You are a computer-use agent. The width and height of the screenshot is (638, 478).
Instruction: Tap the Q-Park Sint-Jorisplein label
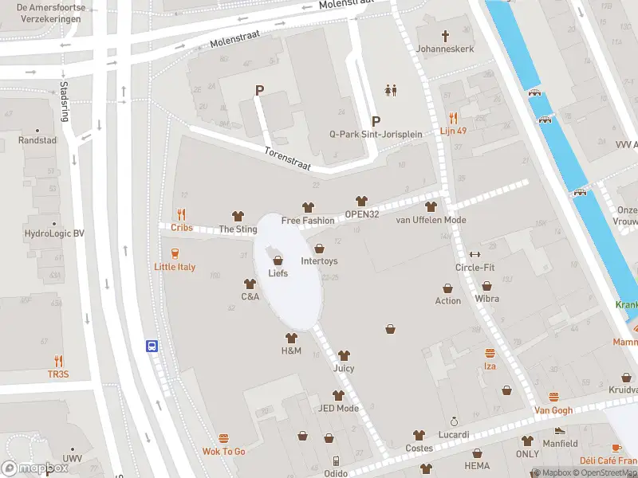pos(376,134)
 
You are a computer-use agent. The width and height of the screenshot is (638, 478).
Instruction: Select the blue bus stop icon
pos(152,347)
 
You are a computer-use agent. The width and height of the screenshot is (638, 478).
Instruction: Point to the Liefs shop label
pos(278,273)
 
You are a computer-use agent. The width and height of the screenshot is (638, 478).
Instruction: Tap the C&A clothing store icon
pos(250,284)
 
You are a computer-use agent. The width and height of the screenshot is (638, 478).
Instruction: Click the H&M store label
pos(291,351)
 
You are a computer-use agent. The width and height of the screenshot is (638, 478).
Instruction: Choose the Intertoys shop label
pos(319,261)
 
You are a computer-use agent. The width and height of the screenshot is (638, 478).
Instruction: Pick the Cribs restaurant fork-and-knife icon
pos(182,214)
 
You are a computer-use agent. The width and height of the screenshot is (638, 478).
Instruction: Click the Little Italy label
pos(175,267)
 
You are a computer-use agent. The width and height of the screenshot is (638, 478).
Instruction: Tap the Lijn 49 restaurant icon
pos(453,117)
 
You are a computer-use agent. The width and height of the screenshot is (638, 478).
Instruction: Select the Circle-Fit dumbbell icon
pos(475,254)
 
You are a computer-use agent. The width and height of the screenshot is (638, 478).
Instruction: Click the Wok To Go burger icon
pos(223,438)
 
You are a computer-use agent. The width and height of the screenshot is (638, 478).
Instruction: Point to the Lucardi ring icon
pos(454,421)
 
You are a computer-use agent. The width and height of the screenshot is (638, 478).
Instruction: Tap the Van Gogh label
pos(553,410)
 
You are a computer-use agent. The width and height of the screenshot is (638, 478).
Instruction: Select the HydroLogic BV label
pos(54,235)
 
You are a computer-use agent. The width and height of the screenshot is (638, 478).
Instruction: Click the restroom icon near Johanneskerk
pos(391,90)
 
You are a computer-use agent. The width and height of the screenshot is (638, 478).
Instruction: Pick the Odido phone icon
pos(337,460)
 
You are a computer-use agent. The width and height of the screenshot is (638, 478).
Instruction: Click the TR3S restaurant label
pos(58,374)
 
